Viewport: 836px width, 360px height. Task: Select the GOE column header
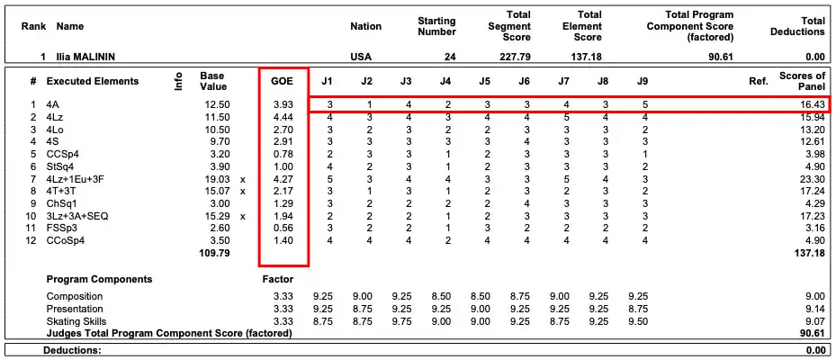click(x=283, y=81)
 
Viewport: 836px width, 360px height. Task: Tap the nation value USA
click(x=360, y=57)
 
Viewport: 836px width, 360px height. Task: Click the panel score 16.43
click(x=809, y=105)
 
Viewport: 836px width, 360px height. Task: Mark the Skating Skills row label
click(x=76, y=320)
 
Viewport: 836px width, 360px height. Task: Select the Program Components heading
click(x=99, y=279)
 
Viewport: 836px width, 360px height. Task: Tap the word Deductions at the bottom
click(x=72, y=350)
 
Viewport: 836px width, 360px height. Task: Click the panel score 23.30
click(x=809, y=179)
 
